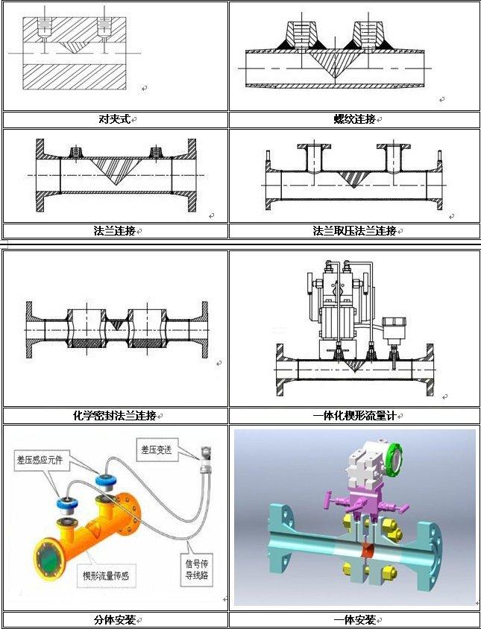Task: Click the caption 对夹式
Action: click(x=115, y=119)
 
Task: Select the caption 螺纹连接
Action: click(x=354, y=119)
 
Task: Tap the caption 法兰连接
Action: click(x=115, y=231)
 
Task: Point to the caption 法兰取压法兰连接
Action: click(x=354, y=231)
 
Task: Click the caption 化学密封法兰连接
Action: click(x=115, y=416)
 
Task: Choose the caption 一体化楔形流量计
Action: click(x=354, y=416)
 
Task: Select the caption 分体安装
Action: click(x=115, y=620)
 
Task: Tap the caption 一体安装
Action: click(x=354, y=620)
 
